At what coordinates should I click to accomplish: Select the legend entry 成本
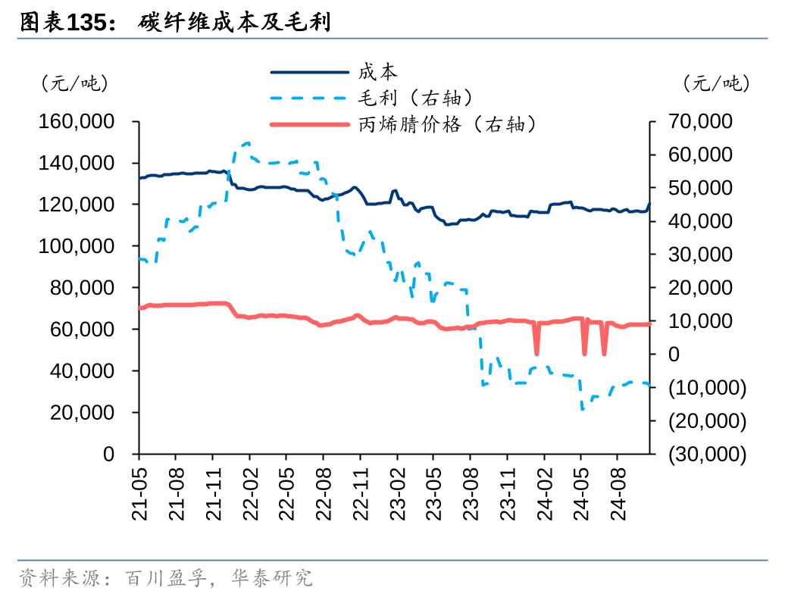click(377, 72)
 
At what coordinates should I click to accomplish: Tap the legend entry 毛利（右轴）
click(416, 98)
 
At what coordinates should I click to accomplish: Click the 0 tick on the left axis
click(108, 455)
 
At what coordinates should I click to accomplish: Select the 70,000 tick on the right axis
click(702, 122)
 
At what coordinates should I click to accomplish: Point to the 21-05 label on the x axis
click(139, 492)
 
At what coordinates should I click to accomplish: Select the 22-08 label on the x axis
click(324, 492)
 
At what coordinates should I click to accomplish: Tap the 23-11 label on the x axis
click(508, 492)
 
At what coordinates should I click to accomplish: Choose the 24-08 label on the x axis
click(618, 492)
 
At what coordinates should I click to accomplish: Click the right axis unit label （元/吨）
click(715, 83)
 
